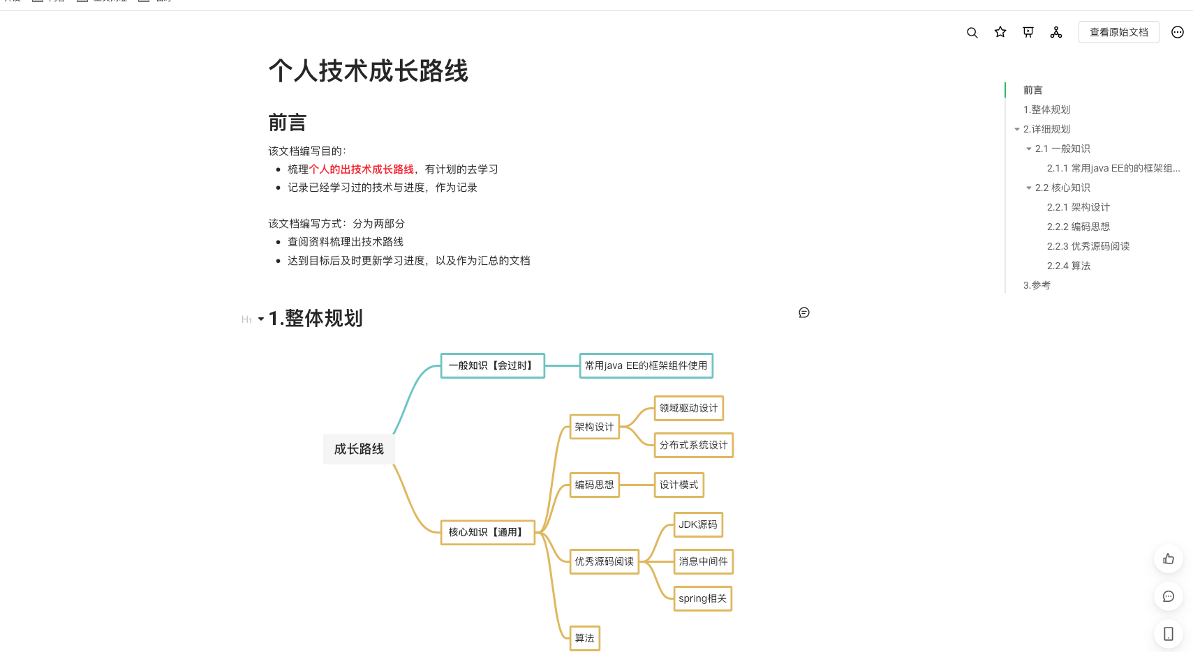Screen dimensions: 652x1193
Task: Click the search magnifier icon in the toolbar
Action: [x=972, y=33]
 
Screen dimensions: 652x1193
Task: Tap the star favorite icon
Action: [x=1000, y=32]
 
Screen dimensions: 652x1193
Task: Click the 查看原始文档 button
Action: [x=1118, y=32]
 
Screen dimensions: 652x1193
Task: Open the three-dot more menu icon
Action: [x=1178, y=32]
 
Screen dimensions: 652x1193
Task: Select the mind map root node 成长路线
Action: [x=359, y=449]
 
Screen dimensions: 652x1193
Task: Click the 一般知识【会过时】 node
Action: [x=492, y=365]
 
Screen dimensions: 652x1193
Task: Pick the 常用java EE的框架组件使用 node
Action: [x=646, y=365]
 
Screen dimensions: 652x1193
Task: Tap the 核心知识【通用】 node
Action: [x=487, y=532]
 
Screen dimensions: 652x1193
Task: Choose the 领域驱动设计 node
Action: [x=688, y=408]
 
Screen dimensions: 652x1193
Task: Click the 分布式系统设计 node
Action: [x=693, y=445]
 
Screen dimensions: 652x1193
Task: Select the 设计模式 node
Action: [x=679, y=485]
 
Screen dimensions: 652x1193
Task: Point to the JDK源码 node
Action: [x=698, y=524]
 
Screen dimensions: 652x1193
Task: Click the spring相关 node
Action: [x=702, y=598]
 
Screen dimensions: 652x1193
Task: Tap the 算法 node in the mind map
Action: [x=584, y=638]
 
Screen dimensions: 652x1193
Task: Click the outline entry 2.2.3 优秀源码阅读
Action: [x=1088, y=246]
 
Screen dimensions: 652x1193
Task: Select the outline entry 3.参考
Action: [x=1037, y=285]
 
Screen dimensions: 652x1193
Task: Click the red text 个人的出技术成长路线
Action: [x=362, y=169]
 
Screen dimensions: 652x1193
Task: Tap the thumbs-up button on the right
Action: [x=1169, y=559]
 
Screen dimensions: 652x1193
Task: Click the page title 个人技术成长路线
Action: [x=368, y=71]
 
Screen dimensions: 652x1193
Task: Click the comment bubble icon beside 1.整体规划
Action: [x=804, y=312]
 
